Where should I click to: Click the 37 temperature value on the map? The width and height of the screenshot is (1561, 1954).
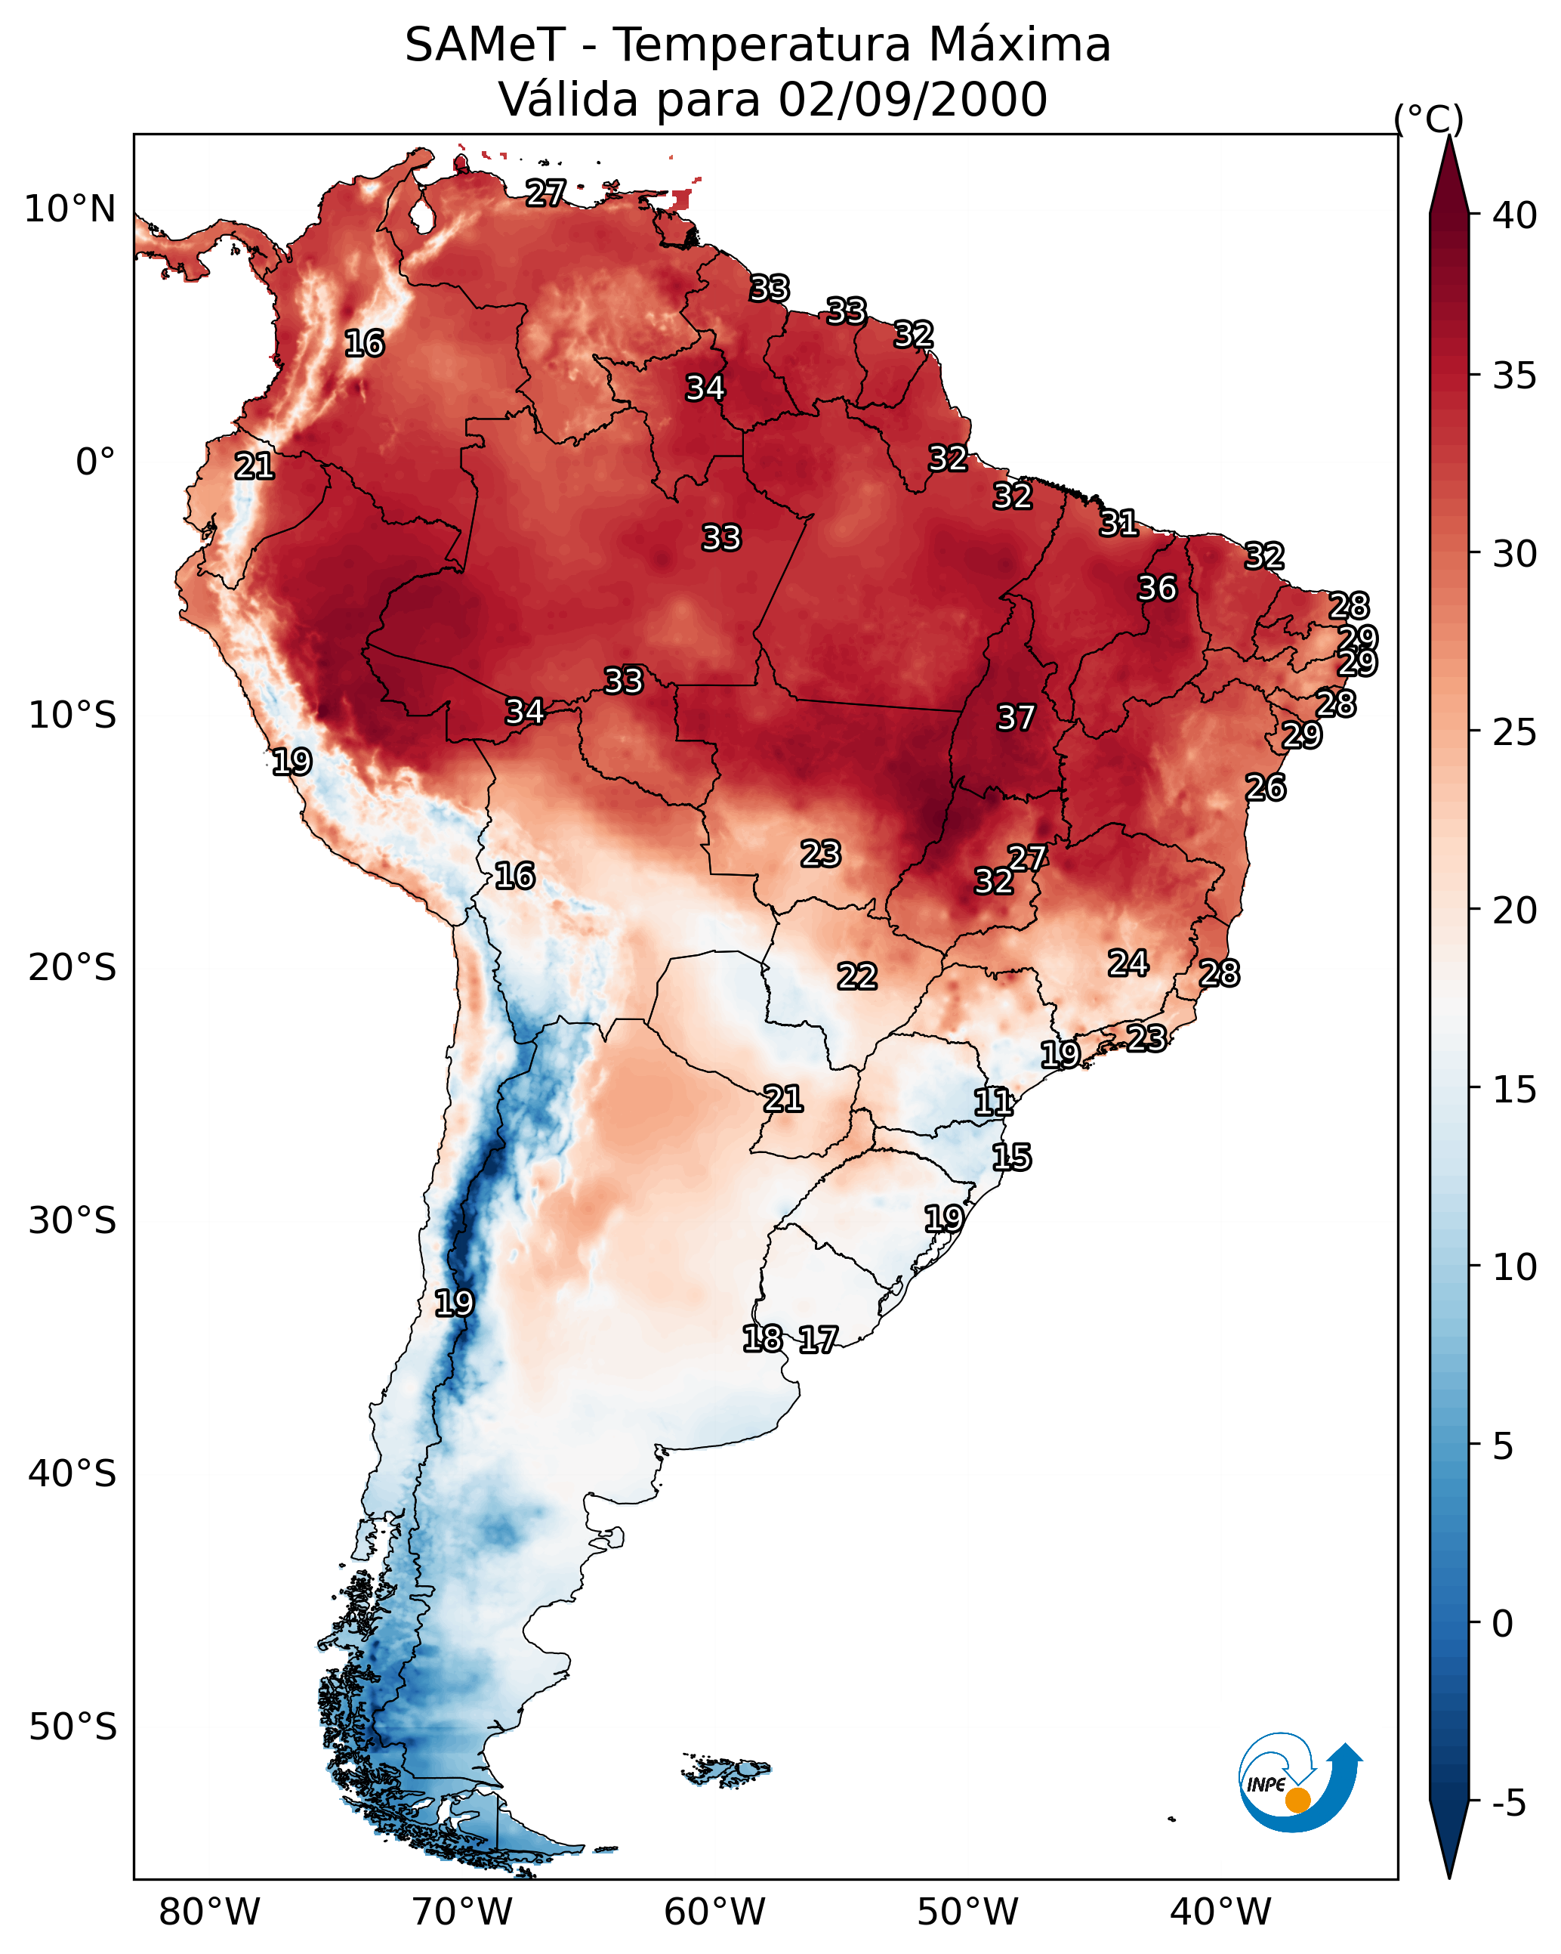[x=1016, y=718]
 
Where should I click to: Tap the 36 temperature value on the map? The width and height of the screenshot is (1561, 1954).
[x=1157, y=588]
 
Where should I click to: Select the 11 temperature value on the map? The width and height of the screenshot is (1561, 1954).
[x=993, y=1102]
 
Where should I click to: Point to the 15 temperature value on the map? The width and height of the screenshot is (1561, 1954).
[x=1011, y=1158]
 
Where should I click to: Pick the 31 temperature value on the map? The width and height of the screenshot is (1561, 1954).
[x=1118, y=523]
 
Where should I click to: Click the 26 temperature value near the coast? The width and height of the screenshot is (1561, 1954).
[x=1265, y=787]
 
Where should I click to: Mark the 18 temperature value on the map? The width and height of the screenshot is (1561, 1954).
[x=762, y=1339]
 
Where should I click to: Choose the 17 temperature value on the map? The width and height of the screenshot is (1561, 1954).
[x=818, y=1340]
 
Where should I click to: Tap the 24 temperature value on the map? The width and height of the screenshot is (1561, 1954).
[x=1128, y=963]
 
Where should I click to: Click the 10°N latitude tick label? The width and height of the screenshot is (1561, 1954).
[x=69, y=209]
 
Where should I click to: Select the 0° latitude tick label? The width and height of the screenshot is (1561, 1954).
[x=95, y=462]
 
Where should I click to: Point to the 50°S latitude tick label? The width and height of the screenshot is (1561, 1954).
[x=72, y=1727]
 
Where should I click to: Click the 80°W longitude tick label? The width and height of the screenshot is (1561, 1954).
[x=209, y=1912]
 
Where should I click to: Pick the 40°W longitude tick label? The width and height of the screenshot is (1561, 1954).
[x=1220, y=1912]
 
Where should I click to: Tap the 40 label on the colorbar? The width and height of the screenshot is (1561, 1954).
[x=1515, y=215]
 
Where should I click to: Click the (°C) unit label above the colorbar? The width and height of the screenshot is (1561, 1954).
[x=1428, y=119]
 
